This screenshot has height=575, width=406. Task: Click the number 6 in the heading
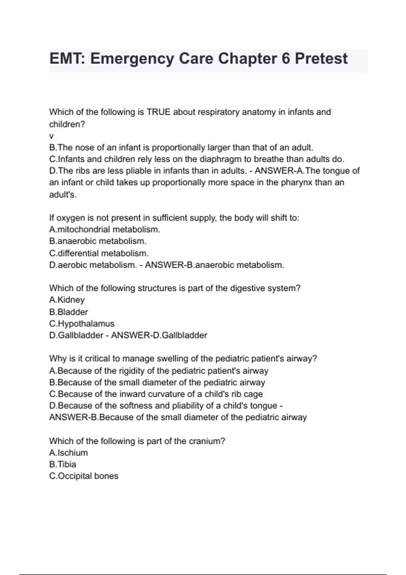[x=285, y=59]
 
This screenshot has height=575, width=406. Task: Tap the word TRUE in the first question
[x=158, y=112]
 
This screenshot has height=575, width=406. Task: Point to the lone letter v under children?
[x=51, y=136]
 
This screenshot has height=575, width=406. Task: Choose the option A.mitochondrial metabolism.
[x=104, y=229]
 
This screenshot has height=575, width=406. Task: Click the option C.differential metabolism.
[x=99, y=253]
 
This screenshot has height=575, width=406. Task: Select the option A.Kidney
[x=67, y=300]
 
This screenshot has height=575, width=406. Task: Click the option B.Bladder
[x=68, y=312]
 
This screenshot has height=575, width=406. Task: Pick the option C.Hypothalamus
[x=82, y=324]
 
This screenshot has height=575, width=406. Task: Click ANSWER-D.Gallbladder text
[x=159, y=335]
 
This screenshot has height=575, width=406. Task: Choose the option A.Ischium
[x=68, y=453]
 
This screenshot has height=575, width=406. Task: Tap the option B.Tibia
[x=63, y=464]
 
